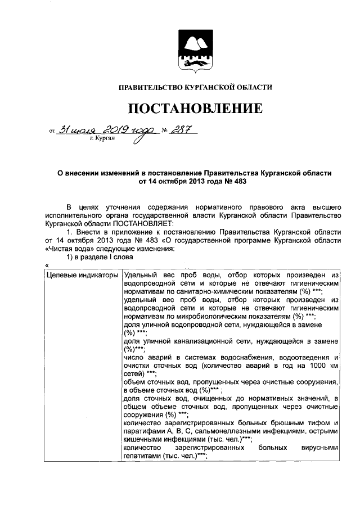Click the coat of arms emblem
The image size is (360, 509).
pos(195,51)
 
